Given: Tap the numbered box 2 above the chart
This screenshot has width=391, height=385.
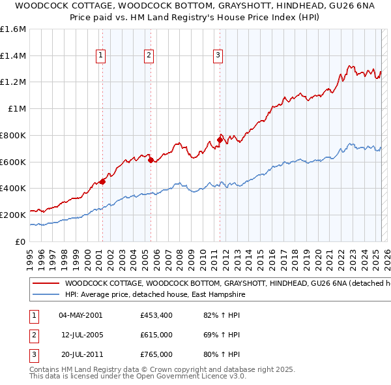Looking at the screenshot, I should pos(149,56).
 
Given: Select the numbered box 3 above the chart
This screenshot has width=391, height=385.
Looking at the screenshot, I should pos(218,56).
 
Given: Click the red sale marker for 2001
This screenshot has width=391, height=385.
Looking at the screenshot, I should pos(102,182).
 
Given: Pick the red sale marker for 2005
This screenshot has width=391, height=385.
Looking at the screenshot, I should pos(151,160).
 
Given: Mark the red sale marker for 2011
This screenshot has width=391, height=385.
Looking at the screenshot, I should pos(220,139).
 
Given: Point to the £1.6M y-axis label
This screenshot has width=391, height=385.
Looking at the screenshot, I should pos(13,29).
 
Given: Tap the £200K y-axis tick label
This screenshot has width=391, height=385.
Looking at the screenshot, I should pos(14,215).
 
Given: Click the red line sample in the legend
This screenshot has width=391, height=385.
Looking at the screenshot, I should pos(45,284).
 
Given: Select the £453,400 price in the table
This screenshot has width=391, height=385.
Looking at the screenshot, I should pos(156,315).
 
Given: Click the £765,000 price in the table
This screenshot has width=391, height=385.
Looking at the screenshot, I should pos(156,354).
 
